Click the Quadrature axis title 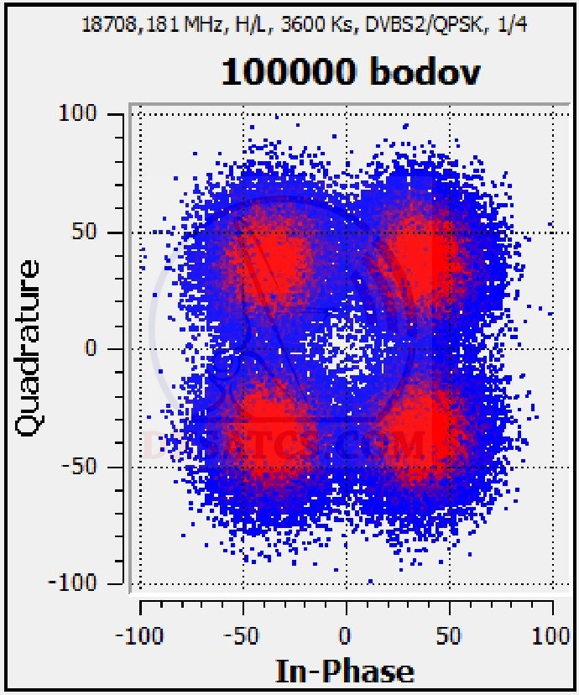28,347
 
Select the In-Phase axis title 345,671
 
